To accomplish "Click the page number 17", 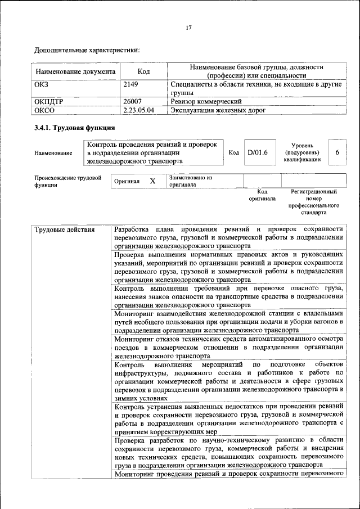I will coord(189,28).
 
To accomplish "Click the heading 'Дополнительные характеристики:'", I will coord(87,51).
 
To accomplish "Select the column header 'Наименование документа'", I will coord(76,72).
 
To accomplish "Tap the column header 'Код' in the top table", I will coord(143,72).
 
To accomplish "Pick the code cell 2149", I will coord(131,84).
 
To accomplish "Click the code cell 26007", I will coord(133,102).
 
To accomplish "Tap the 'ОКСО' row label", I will coord(44,110).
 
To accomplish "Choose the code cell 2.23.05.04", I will coord(138,110).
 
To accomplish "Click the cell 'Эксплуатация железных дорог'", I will coord(217,110).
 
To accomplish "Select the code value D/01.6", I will coord(258,152).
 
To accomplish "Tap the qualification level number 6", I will coord(337,152).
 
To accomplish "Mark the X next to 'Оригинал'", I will coord(152,181).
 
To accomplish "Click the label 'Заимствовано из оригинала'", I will coord(191,181).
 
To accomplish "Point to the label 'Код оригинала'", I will coord(262,195).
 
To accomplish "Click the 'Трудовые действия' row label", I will coord(64,229).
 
